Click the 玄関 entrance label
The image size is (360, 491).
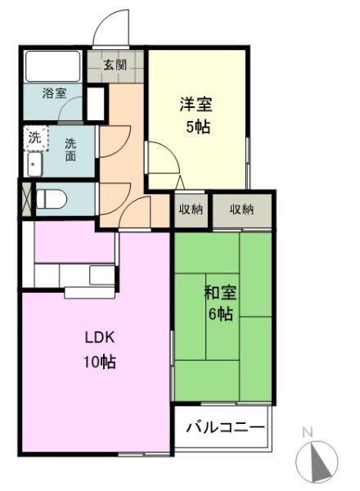[x=115, y=65]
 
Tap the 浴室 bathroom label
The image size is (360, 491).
[x=55, y=93]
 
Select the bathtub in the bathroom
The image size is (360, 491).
[x=53, y=66]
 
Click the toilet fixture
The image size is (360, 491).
[x=52, y=199]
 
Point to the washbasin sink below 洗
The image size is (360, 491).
[x=35, y=164]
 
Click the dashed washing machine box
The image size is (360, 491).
[x=36, y=137]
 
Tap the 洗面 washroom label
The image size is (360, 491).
[x=70, y=150]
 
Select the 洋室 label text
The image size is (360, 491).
[x=196, y=104]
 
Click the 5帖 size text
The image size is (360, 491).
[x=198, y=127]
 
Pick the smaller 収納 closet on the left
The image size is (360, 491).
[x=191, y=209]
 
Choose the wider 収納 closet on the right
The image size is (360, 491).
[x=242, y=209]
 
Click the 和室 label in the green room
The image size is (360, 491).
[x=220, y=293]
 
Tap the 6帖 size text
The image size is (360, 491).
[x=221, y=313]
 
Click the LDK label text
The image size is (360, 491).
[x=100, y=337]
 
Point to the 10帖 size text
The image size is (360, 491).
[x=100, y=362]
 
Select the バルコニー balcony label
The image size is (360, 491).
[x=225, y=427]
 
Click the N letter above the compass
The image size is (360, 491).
[x=308, y=432]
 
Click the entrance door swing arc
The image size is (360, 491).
[x=106, y=19]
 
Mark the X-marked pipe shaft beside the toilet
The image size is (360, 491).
[x=27, y=199]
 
